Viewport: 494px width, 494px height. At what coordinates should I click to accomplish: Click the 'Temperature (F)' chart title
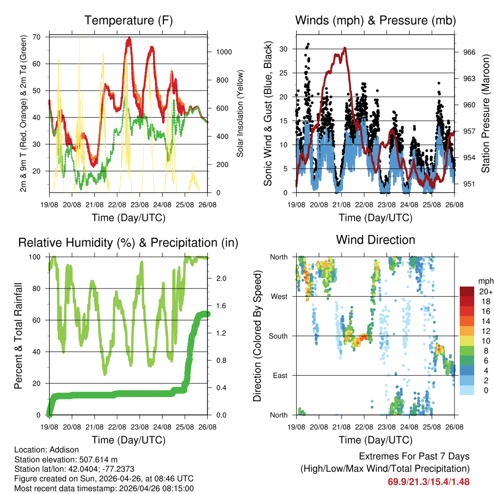coord(128,21)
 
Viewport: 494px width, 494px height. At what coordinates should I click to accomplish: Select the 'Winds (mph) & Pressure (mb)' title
coord(375,21)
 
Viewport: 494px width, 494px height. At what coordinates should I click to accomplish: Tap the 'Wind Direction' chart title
coord(375,240)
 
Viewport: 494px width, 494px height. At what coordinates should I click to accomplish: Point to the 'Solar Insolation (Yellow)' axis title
coord(240,113)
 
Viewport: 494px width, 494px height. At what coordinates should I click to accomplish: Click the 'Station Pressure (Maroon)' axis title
coord(486,113)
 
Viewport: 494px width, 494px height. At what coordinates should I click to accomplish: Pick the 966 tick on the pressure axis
coord(466,52)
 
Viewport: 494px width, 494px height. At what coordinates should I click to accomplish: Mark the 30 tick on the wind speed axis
coord(285,49)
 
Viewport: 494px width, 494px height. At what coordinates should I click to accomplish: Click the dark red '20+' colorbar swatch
coord(468,291)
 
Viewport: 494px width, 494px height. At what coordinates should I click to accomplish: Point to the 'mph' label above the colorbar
coord(485,281)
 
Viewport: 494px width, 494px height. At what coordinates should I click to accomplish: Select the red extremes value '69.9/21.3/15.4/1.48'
coord(428,481)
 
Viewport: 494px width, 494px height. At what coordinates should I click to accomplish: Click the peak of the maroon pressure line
coord(345,48)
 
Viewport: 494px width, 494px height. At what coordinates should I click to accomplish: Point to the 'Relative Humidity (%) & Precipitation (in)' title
coord(128,243)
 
